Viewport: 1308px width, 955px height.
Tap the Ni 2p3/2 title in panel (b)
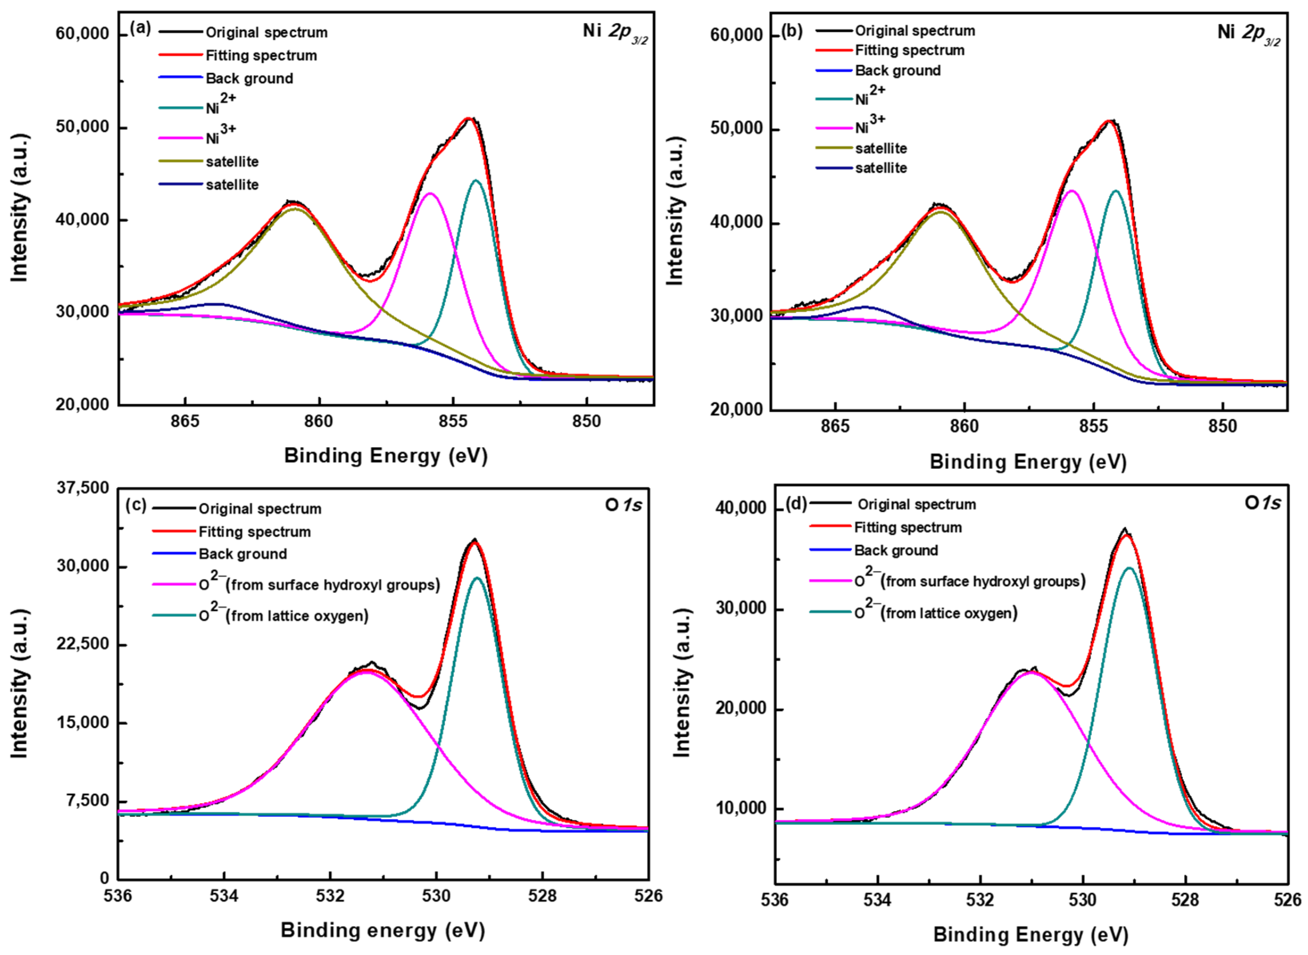tap(1248, 33)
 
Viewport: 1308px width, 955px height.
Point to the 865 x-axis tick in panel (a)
tap(185, 422)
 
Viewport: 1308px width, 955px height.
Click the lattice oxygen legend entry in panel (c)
tap(283, 615)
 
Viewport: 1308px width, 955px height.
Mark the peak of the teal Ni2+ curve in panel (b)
tap(1115, 191)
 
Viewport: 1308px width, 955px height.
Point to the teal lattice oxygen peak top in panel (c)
tap(478, 577)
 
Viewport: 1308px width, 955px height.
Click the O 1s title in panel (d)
tap(1262, 503)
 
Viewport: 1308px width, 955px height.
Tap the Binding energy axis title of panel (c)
tap(382, 930)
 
